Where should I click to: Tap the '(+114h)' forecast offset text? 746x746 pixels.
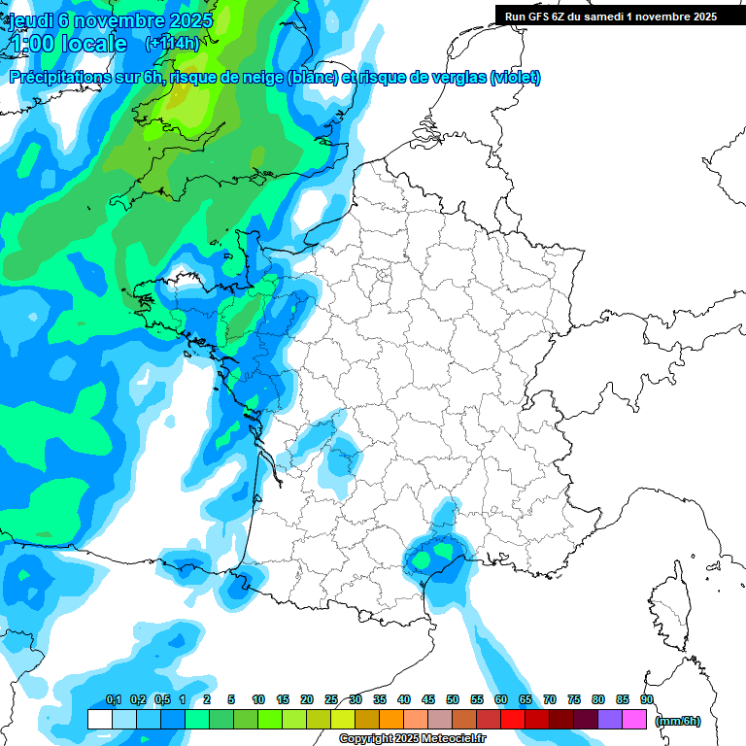(173, 43)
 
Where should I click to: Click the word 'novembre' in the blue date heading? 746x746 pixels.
(116, 19)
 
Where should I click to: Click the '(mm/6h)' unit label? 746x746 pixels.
(678, 720)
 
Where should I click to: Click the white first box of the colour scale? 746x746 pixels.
(99, 720)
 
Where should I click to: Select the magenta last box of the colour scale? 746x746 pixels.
(634, 720)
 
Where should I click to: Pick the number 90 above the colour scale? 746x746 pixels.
(647, 699)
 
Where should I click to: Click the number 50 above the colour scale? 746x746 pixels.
(453, 699)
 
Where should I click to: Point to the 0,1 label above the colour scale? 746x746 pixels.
(114, 699)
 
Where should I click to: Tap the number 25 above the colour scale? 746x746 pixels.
(331, 699)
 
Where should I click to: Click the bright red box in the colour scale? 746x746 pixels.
(513, 720)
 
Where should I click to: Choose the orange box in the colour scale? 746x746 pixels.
(391, 720)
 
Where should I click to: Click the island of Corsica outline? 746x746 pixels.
(671, 611)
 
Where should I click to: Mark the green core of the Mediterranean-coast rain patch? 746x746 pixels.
(424, 559)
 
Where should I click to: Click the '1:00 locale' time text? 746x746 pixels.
(68, 44)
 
